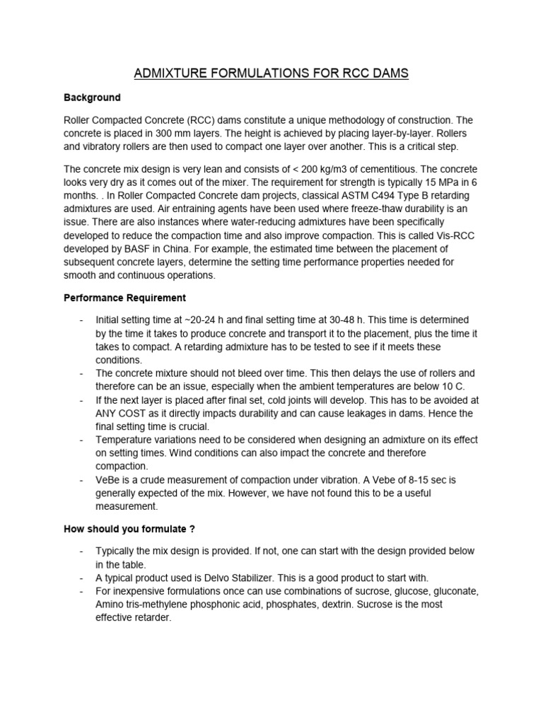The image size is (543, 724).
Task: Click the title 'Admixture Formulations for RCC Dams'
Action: click(x=271, y=73)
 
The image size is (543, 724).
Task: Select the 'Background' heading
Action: click(x=92, y=98)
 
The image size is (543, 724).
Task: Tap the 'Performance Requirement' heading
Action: click(x=124, y=298)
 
